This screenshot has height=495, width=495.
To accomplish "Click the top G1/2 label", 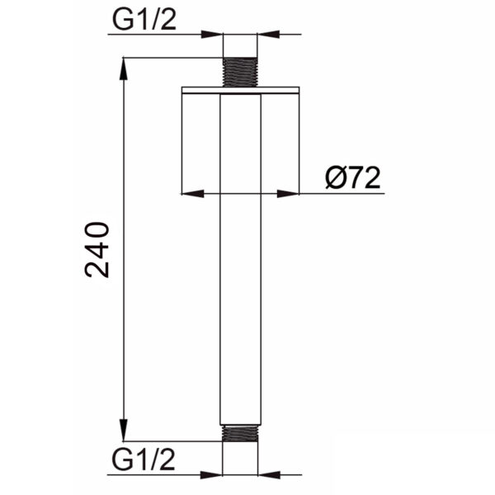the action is coord(144,21).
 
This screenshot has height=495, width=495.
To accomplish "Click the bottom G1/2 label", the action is coord(144,460).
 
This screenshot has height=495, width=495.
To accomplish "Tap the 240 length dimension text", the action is coord(97,250).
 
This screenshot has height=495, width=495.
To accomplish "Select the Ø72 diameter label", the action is coord(352,177).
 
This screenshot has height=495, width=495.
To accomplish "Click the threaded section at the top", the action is coord(240,72).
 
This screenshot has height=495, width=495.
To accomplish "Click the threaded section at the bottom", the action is coord(240,433).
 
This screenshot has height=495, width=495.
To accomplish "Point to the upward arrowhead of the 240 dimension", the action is coord(124,68).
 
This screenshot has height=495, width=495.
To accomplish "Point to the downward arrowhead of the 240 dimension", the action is coord(124,430).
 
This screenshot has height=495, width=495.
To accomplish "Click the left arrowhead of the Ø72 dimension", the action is coord(193,194).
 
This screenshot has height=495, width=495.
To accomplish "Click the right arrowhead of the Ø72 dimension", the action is coord(288,194).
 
